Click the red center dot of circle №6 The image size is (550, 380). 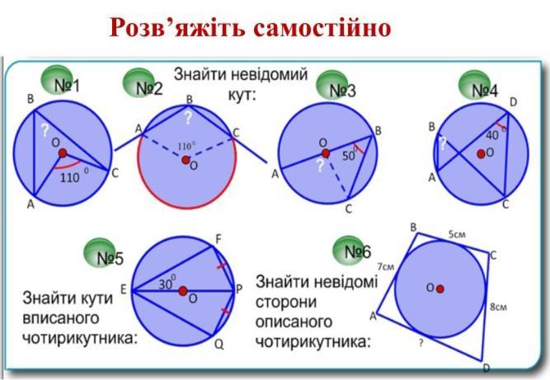(x=440, y=289)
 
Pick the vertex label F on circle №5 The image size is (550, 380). (x=218, y=240)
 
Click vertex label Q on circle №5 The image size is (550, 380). (x=219, y=345)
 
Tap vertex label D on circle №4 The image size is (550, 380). (x=513, y=102)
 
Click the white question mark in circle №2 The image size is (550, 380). (x=188, y=117)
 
